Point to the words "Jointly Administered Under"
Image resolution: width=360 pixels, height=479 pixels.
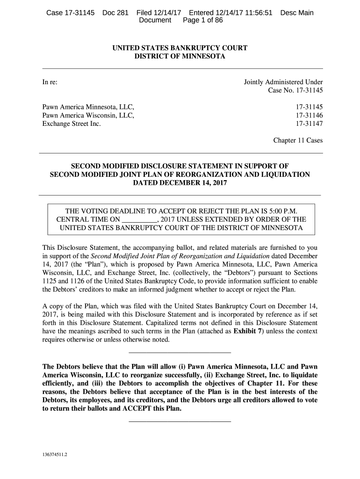283,82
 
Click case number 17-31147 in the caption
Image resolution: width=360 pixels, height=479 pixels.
309,124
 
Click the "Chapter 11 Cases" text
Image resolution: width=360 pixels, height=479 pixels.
298,141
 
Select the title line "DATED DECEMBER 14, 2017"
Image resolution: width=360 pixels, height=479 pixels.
180,183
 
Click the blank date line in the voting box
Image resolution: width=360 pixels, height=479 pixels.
140,219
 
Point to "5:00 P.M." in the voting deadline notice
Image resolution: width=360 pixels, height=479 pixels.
284,210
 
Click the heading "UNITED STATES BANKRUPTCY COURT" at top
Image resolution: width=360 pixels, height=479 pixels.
180,48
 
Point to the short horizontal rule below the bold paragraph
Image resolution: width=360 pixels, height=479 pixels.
180,422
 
